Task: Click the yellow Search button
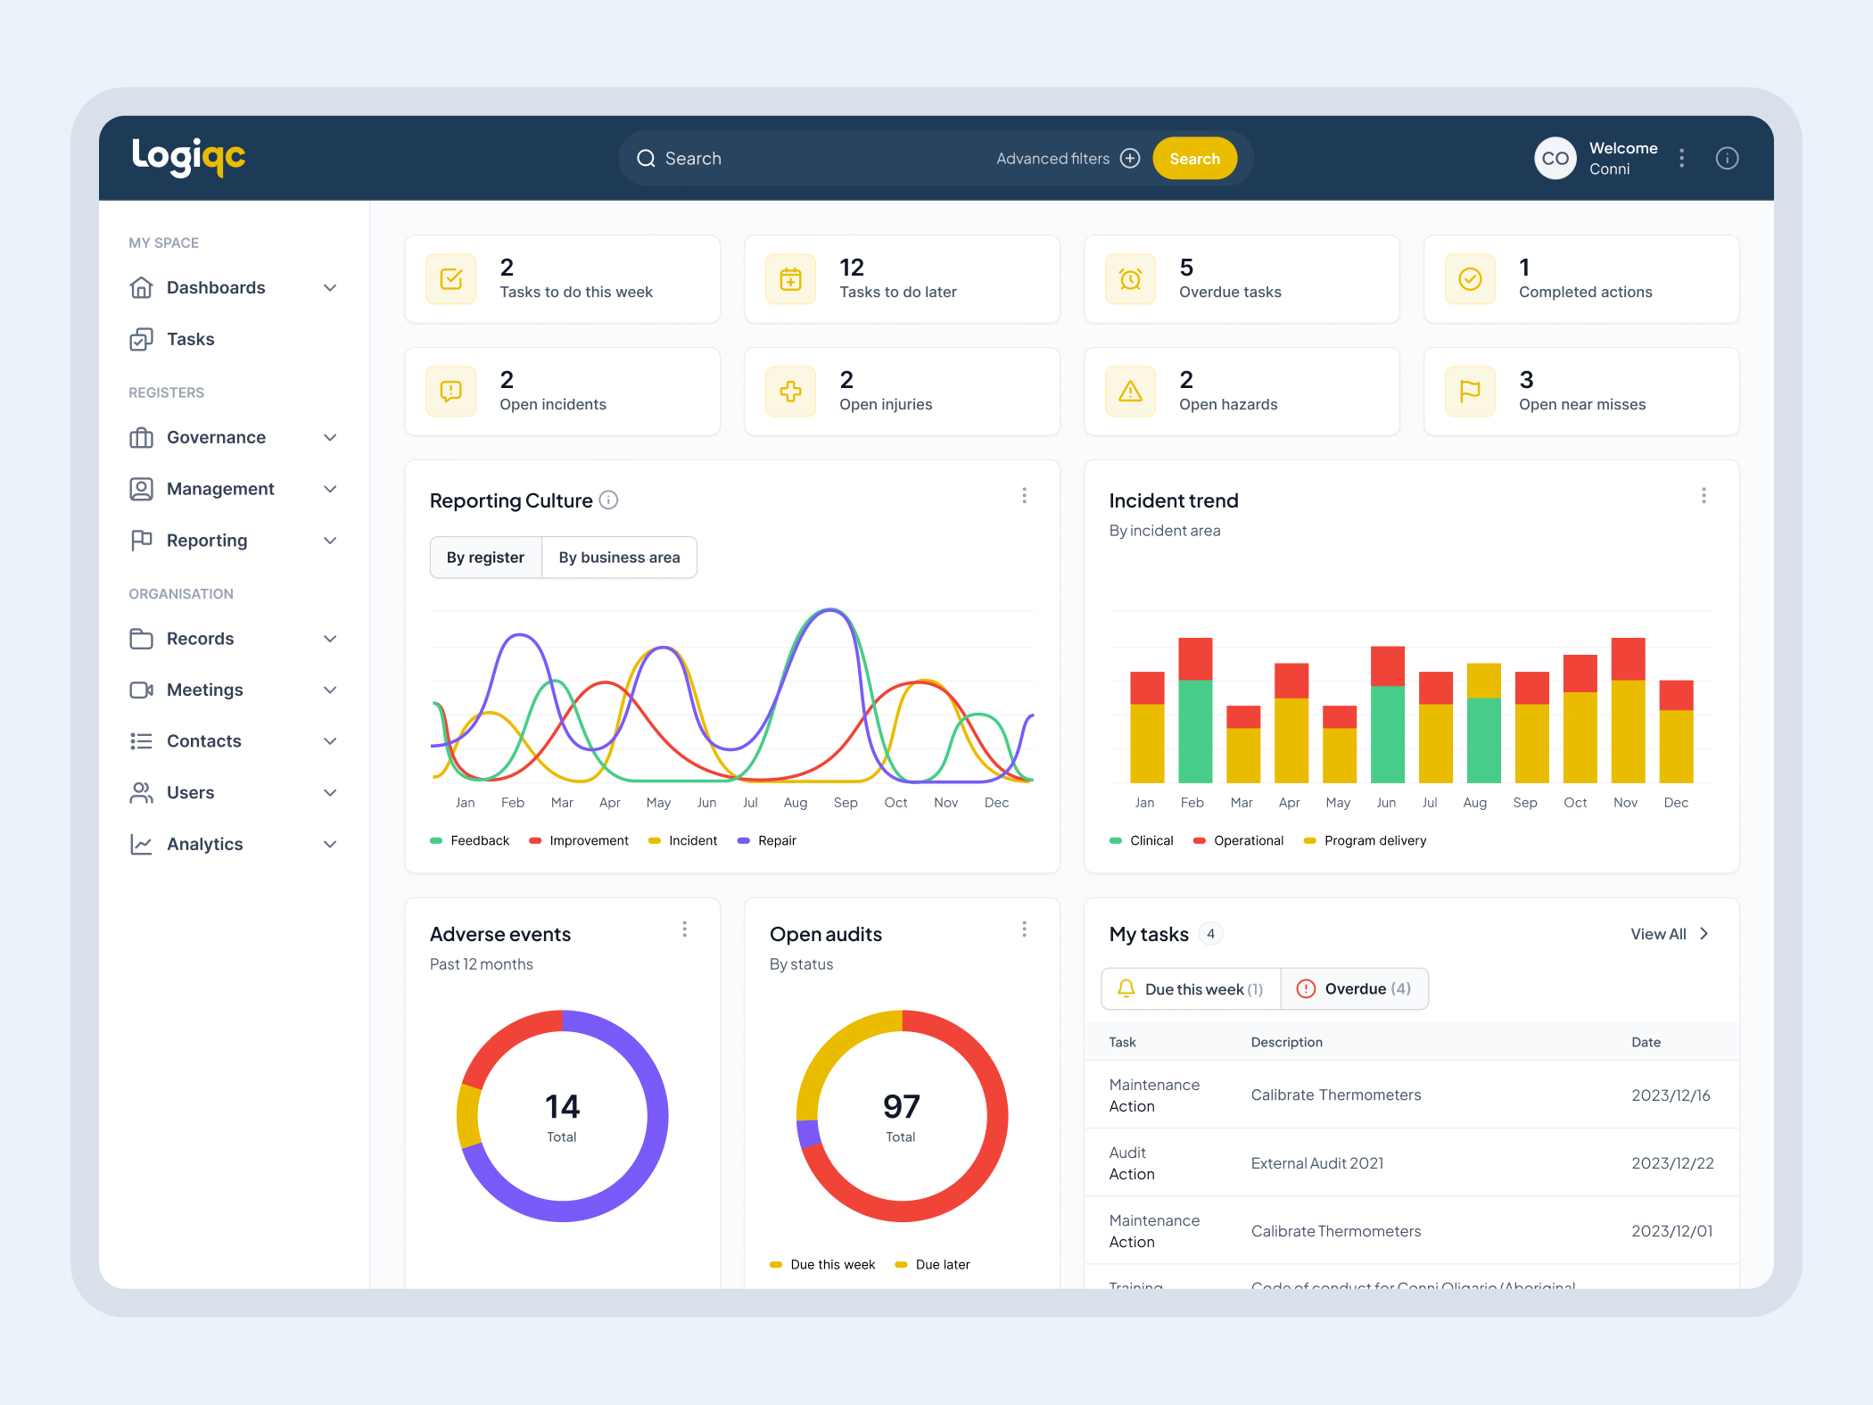tap(1194, 159)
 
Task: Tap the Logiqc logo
tap(188, 157)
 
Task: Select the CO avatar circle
tap(1555, 159)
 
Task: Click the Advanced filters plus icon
tap(1130, 159)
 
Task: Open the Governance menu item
tap(216, 438)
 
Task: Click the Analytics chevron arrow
tap(330, 845)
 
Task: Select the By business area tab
tap(619, 558)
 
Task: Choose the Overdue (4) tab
tap(1354, 989)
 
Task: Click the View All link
tap(1658, 934)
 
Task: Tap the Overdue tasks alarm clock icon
tap(1130, 279)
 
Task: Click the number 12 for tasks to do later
tap(852, 268)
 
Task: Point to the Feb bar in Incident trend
tap(1195, 711)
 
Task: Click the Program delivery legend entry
tap(1374, 841)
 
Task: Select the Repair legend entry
tap(776, 841)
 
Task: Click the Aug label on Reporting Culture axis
tap(795, 803)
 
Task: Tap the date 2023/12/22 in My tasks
tap(1672, 1163)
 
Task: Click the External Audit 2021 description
tap(1316, 1163)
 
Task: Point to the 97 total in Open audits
tap(901, 1107)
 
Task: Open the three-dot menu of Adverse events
tap(684, 930)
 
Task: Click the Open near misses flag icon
tap(1470, 392)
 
